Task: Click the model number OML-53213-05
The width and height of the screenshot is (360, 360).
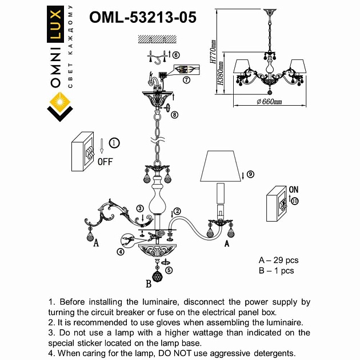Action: click(143, 17)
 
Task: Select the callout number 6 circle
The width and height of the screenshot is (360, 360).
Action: click(175, 55)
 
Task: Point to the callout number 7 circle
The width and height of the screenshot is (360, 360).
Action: click(187, 80)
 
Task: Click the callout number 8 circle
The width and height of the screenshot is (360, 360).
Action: click(175, 114)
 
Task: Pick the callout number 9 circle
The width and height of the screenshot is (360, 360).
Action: click(250, 174)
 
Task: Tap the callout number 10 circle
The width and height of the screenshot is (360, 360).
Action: click(294, 201)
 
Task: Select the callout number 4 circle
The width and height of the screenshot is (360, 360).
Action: click(120, 251)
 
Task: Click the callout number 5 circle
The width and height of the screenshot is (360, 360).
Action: click(169, 270)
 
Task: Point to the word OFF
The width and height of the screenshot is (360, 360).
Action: click(105, 161)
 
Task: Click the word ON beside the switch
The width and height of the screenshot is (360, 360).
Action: click(294, 190)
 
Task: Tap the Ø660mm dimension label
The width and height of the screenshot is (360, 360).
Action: click(269, 101)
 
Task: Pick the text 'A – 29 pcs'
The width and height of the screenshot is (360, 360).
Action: click(278, 261)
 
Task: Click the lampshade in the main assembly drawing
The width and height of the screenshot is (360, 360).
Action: click(219, 166)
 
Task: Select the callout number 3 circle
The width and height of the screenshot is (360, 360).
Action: click(139, 209)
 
